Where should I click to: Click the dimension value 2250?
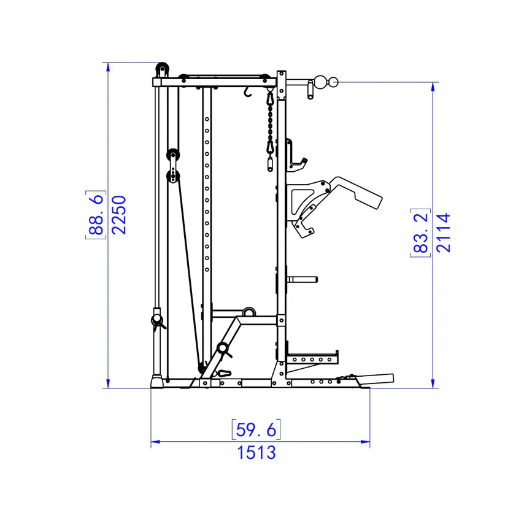pyautogui.click(x=119, y=214)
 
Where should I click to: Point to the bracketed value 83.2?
pyautogui.click(x=419, y=232)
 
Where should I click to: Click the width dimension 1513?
pyautogui.click(x=256, y=453)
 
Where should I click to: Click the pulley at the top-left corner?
pyautogui.click(x=162, y=69)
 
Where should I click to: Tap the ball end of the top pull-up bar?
pyautogui.click(x=332, y=80)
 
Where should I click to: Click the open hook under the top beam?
pyautogui.click(x=248, y=92)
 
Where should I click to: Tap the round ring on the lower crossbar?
pyautogui.click(x=249, y=312)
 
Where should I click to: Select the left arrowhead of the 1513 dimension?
pyautogui.click(x=154, y=441)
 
